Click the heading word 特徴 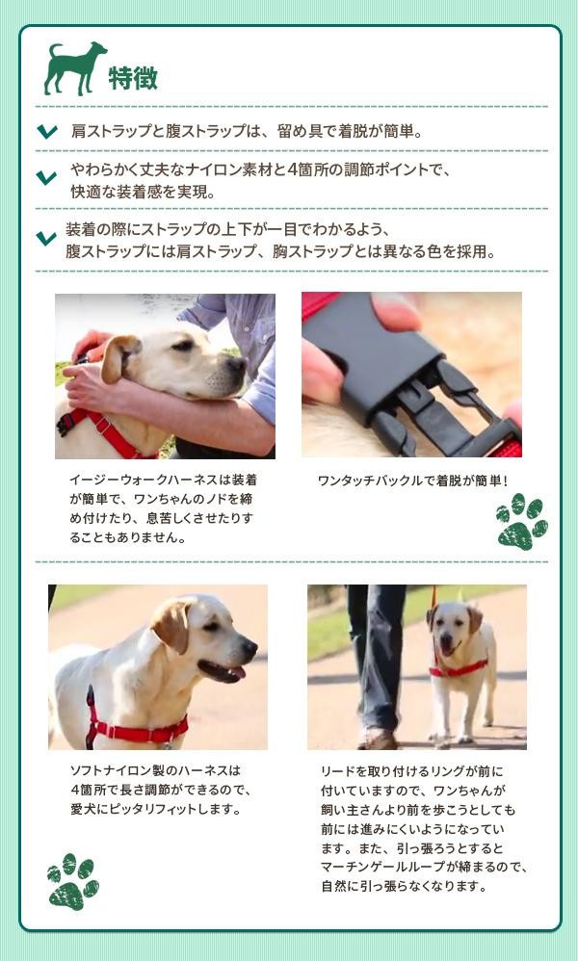coord(133,78)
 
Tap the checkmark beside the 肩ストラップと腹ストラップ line coord(47,131)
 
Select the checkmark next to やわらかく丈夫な coord(46,178)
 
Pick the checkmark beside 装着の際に coord(46,238)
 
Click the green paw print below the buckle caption coord(521,522)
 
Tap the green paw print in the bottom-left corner coord(73,881)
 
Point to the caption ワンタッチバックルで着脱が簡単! coord(412,481)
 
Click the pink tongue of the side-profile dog coord(237,672)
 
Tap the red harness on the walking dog coord(459,669)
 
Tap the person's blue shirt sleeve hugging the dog coord(259,387)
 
